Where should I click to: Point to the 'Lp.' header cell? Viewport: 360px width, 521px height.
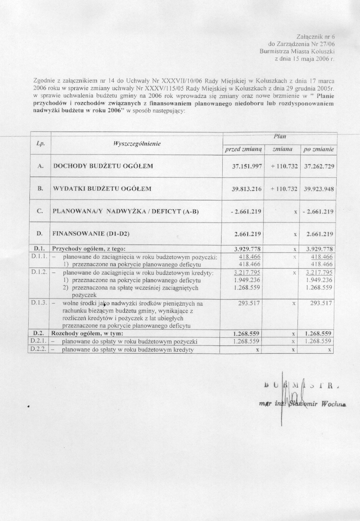pyautogui.click(x=41, y=144)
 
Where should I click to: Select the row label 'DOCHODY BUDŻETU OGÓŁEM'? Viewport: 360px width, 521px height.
pyautogui.click(x=103, y=166)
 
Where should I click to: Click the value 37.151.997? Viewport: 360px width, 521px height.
pyautogui.click(x=246, y=167)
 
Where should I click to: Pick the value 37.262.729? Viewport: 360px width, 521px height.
pyautogui.click(x=319, y=167)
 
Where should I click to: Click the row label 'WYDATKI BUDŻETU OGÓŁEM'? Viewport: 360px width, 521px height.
pyautogui.click(x=102, y=189)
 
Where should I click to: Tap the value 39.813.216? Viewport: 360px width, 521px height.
pyautogui.click(x=246, y=189)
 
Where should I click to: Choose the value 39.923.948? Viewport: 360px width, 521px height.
pyautogui.click(x=319, y=189)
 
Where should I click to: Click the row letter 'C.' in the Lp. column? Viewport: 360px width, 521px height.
pyautogui.click(x=40, y=212)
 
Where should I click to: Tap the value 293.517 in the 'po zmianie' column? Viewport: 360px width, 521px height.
pyautogui.click(x=322, y=303)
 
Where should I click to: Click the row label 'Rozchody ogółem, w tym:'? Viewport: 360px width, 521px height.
pyautogui.click(x=88, y=333)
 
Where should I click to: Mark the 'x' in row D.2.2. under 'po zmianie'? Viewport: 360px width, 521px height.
pyautogui.click(x=329, y=350)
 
